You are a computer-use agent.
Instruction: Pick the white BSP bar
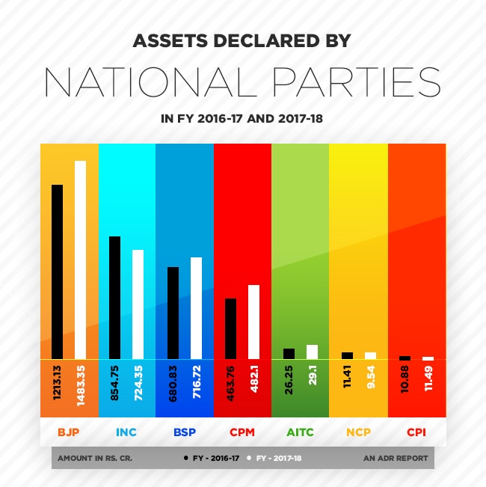coord(197,308)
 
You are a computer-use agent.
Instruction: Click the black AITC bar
coord(289,354)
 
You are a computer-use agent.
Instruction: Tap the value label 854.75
coord(115,385)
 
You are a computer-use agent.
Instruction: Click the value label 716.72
coord(197,385)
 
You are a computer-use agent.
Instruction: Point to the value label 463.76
coord(231,385)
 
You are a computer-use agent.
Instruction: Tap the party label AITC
coord(300,432)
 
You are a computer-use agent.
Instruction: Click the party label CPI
coord(416,432)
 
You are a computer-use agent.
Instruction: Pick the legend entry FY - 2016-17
coord(214,458)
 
